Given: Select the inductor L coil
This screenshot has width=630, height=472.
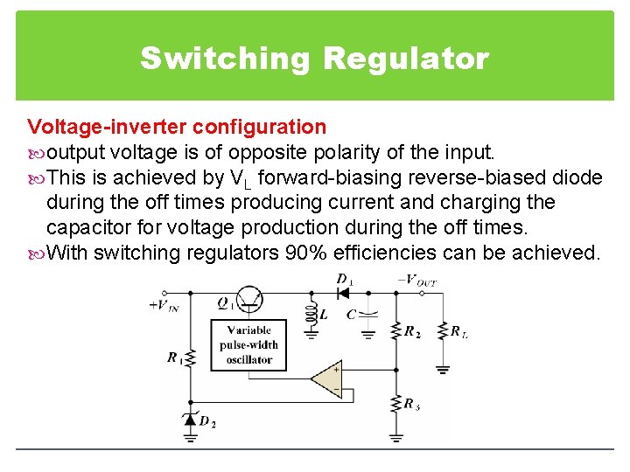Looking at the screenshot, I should [x=310, y=315].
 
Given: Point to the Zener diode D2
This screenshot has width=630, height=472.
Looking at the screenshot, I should [x=189, y=420].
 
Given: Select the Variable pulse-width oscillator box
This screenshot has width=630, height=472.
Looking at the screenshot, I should [x=248, y=344].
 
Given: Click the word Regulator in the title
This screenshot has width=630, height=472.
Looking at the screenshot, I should [x=405, y=59].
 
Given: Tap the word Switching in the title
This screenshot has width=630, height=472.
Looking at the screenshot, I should [x=225, y=59].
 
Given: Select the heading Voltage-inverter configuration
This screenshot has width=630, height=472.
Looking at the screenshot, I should [x=177, y=128].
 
